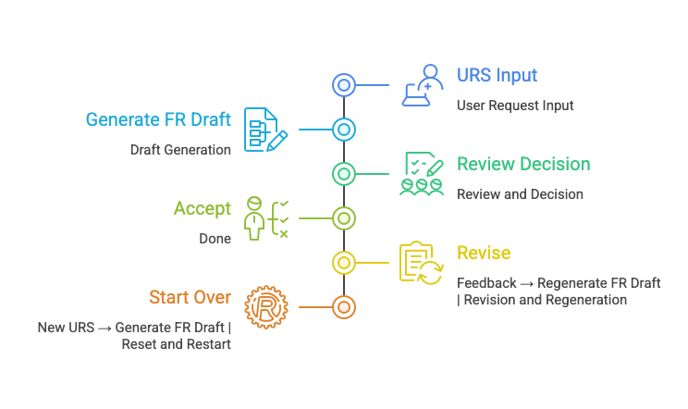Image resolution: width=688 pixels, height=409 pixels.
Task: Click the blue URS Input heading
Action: [x=497, y=76]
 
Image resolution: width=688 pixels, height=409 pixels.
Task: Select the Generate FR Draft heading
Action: [x=158, y=119]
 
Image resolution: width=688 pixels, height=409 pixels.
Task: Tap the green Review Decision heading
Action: [x=523, y=164]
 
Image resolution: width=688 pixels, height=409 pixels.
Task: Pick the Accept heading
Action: [x=203, y=209]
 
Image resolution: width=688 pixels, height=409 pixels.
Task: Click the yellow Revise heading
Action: [x=484, y=253]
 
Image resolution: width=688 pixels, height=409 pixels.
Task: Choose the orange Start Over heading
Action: [x=190, y=297]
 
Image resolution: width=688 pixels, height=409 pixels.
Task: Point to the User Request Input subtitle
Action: [x=515, y=105]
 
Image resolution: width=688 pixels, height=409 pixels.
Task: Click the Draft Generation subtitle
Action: [x=180, y=150]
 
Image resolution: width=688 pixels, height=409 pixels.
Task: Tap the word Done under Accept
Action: [x=215, y=239]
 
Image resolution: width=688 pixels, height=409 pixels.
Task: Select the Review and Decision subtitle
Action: [x=520, y=194]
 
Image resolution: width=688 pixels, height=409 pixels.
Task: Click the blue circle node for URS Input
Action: [x=344, y=85]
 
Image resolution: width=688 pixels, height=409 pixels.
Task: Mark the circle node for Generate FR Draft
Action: [x=344, y=130]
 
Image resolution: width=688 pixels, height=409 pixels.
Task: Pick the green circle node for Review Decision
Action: [x=344, y=174]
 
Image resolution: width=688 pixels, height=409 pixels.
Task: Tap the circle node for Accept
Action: [x=344, y=218]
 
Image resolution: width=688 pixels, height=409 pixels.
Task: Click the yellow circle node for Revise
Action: [x=344, y=263]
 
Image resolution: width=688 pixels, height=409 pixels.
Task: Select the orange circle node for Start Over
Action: [x=344, y=307]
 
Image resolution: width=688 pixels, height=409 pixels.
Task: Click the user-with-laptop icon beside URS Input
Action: [x=422, y=85]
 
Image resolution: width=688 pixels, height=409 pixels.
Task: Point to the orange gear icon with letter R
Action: [x=266, y=307]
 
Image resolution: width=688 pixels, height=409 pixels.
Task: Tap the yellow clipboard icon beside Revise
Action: [x=422, y=263]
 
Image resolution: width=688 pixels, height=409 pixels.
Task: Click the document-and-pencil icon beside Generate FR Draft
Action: [x=266, y=130]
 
